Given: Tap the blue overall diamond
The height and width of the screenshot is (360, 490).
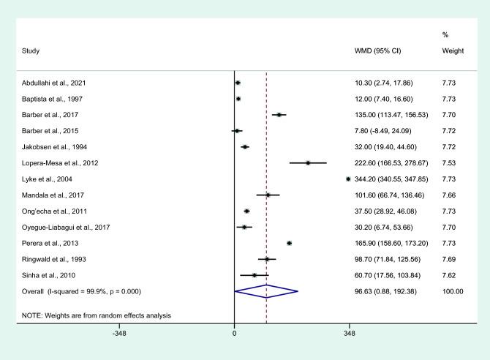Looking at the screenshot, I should (x=266, y=290).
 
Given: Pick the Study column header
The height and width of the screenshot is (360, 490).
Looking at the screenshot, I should (x=30, y=51).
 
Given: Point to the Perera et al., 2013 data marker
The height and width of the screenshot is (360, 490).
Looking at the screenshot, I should (x=289, y=242).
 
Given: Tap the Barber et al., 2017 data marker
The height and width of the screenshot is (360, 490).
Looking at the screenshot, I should (x=279, y=115).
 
